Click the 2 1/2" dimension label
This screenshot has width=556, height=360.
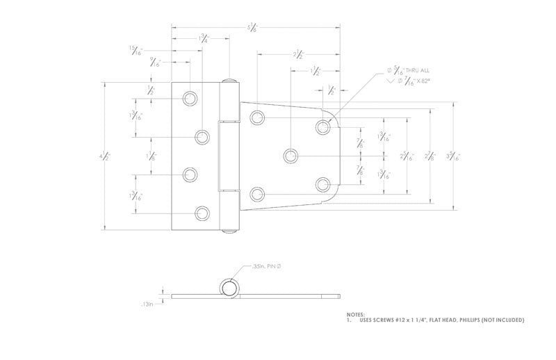point(297,54)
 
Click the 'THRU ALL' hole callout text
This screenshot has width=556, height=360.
point(419,70)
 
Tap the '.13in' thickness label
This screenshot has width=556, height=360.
point(146,304)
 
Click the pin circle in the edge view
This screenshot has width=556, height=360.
point(228,287)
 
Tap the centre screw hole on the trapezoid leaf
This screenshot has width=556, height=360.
point(291,155)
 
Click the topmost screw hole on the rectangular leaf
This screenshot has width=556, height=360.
point(190,98)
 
